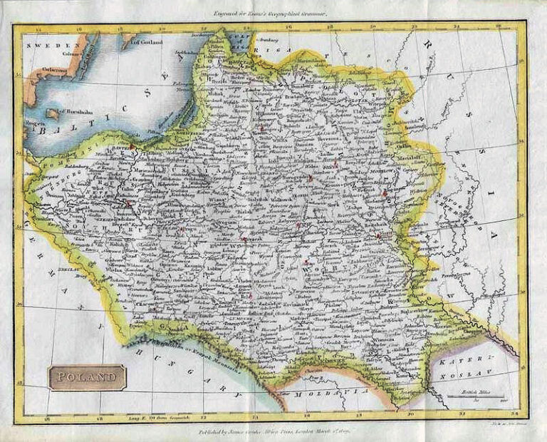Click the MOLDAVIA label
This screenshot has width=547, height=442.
tap(335, 392)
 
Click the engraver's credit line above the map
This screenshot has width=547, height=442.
tap(273, 12)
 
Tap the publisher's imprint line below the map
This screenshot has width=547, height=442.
tap(273, 431)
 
